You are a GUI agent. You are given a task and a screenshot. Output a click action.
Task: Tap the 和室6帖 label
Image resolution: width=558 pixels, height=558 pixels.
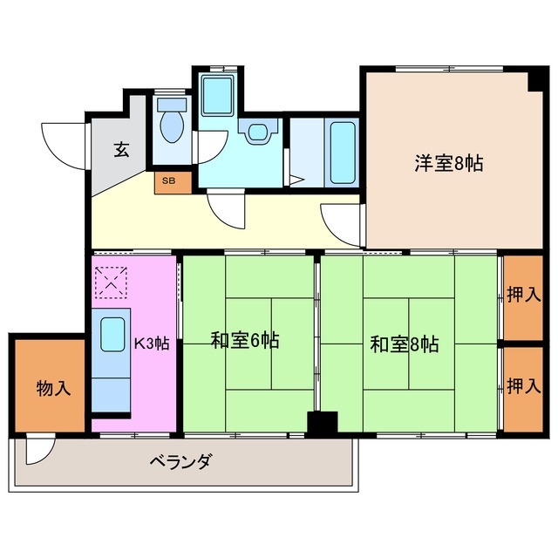pyautogui.click(x=245, y=341)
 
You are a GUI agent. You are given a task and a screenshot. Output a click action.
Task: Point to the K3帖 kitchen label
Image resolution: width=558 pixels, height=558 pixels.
pyautogui.click(x=152, y=343)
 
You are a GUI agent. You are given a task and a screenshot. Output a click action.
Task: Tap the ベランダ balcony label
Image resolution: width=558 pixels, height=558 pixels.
pyautogui.click(x=180, y=461)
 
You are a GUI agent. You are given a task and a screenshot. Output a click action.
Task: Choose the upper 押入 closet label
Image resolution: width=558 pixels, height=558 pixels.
pyautogui.click(x=523, y=295)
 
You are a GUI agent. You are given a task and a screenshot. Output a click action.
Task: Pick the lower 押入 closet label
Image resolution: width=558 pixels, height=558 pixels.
pyautogui.click(x=523, y=385)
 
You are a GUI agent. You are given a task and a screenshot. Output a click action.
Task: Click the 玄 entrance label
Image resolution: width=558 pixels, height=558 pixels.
pyautogui.click(x=120, y=149)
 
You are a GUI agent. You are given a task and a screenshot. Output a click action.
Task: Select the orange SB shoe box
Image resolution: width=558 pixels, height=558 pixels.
pyautogui.click(x=168, y=181)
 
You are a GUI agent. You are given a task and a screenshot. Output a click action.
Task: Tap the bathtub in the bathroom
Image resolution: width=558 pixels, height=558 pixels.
pyautogui.click(x=343, y=152)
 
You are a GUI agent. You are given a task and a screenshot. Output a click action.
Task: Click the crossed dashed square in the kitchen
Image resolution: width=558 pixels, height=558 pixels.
pyautogui.click(x=111, y=282)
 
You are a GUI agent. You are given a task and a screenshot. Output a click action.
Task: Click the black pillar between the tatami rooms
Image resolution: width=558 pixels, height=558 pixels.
pyautogui.click(x=322, y=423)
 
